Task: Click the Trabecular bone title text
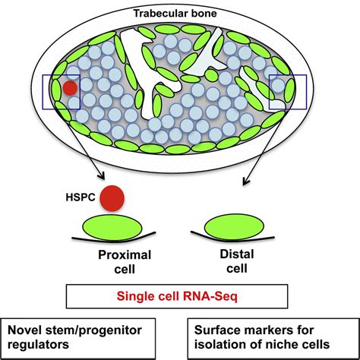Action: [x=180, y=14]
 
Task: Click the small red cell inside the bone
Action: [x=69, y=87]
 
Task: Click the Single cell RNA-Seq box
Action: [x=180, y=296]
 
